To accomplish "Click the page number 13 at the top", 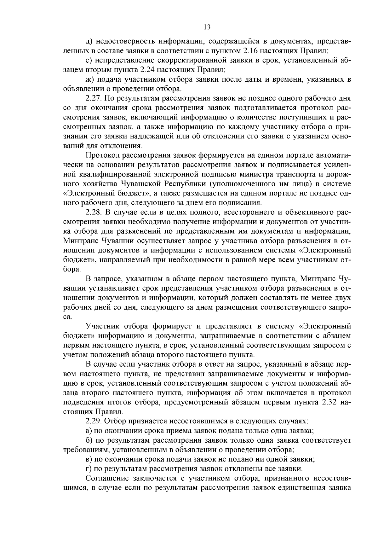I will click(207, 27).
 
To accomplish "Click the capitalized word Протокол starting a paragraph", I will click(102, 155).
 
